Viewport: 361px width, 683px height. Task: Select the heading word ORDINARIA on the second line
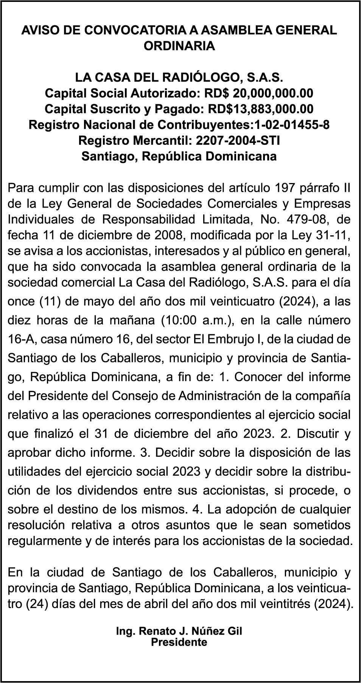tap(179, 46)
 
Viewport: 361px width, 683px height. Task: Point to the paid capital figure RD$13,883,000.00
tap(261, 109)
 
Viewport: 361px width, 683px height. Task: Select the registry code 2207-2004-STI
tap(238, 140)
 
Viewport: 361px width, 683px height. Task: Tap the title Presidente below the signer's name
tap(179, 642)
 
